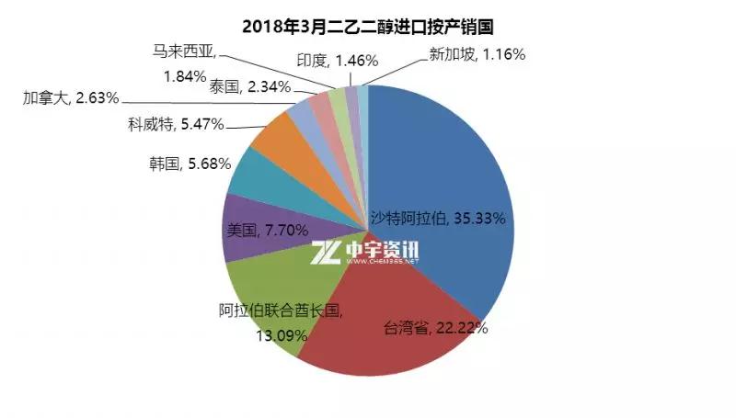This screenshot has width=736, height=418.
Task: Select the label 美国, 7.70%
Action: [x=267, y=230]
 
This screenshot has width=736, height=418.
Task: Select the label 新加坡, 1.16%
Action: [x=477, y=54]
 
